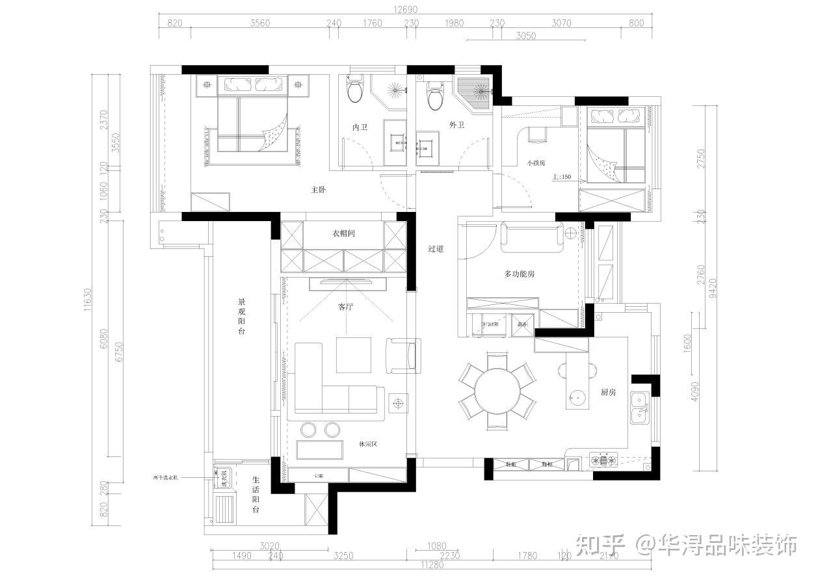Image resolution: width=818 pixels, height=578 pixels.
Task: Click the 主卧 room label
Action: point(318,190)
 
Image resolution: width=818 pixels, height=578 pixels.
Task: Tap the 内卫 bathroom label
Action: point(360,127)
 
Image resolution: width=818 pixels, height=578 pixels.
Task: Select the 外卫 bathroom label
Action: point(456,125)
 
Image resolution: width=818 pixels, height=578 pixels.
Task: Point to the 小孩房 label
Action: point(536,163)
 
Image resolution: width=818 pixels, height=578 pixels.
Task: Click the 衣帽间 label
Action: point(344,233)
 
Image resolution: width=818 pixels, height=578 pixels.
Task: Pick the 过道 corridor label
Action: point(436,248)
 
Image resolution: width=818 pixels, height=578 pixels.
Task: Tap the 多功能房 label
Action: point(520,274)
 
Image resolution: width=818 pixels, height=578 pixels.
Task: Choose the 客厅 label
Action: point(345,307)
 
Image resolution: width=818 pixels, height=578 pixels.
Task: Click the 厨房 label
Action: point(608,392)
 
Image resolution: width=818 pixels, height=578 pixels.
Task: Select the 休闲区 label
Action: point(368,444)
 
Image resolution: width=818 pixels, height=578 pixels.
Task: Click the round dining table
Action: point(497,392)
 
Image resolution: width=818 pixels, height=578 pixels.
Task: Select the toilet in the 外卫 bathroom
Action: point(434,95)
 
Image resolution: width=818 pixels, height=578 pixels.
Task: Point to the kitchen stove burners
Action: point(604,460)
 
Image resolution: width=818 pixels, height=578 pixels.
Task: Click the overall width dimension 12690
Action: point(404,9)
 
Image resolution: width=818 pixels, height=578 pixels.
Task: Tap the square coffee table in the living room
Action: point(354,355)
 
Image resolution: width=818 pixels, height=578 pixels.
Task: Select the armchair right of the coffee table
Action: point(402,355)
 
